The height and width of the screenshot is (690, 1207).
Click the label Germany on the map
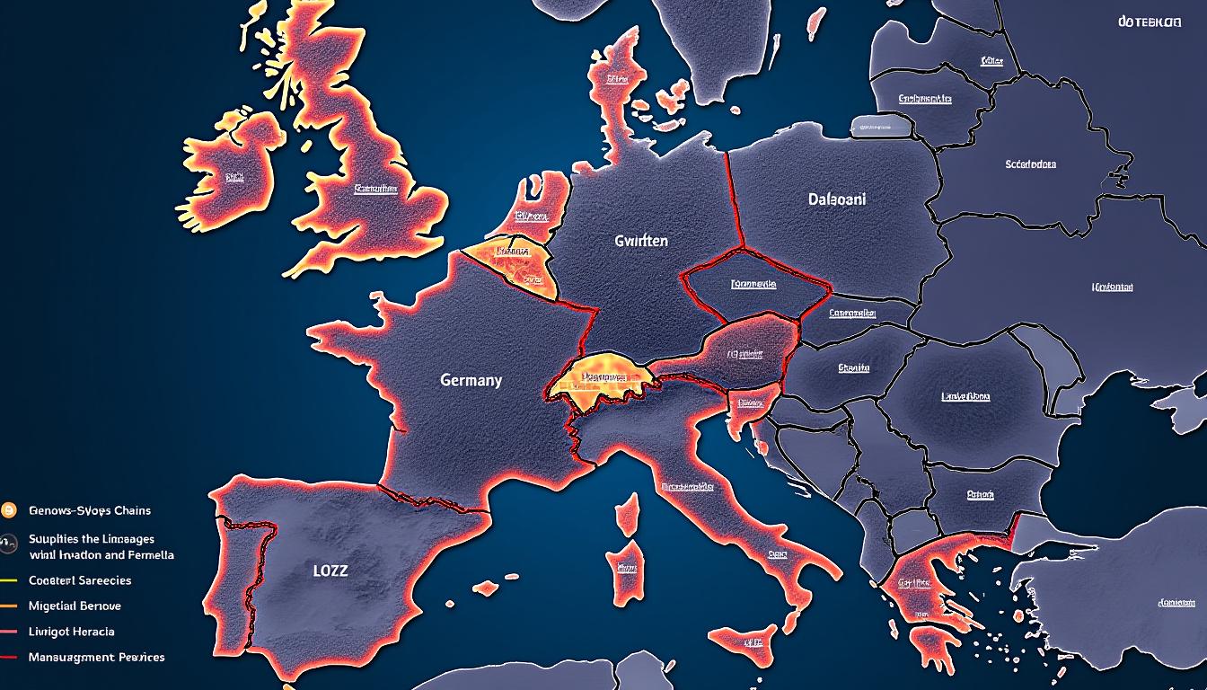[471, 380]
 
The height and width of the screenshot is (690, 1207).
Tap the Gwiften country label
[641, 241]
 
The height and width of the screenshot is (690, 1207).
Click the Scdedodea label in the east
[1030, 164]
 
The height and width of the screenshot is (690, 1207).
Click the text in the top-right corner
[1150, 21]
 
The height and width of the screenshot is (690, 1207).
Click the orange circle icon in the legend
[10, 510]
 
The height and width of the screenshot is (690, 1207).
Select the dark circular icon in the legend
[10, 542]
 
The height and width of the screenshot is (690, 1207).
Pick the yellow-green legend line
[10, 580]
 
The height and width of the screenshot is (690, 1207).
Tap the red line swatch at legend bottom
[10, 658]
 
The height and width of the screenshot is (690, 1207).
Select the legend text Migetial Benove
[75, 606]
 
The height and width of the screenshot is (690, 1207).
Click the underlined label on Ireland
[234, 178]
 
